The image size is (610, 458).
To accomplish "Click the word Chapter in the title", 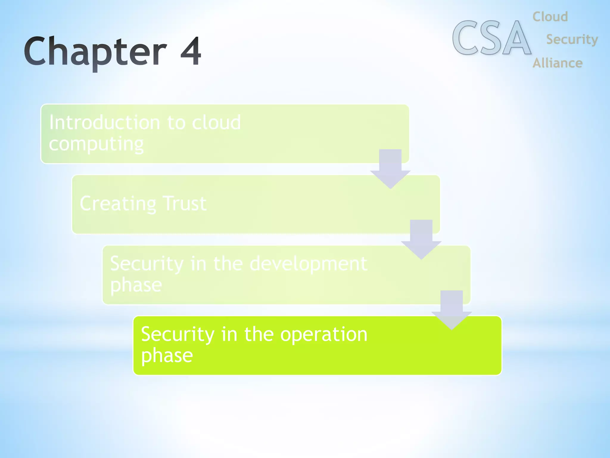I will pos(95,51).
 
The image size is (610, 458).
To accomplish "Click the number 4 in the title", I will pos(191,51).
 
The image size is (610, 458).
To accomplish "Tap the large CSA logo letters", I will pos(491,38).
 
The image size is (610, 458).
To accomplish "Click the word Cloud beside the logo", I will pos(550,17).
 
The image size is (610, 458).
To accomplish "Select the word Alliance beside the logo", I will pos(557,63).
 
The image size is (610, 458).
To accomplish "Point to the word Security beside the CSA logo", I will pos(572,40).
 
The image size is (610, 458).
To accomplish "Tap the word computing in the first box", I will pos(96,144).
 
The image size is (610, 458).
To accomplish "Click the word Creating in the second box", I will pos(118,204).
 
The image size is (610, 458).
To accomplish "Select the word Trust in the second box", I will pos(185,204).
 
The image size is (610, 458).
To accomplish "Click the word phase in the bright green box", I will pos(167,355).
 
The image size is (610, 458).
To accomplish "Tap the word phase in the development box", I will pos(136,285).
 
